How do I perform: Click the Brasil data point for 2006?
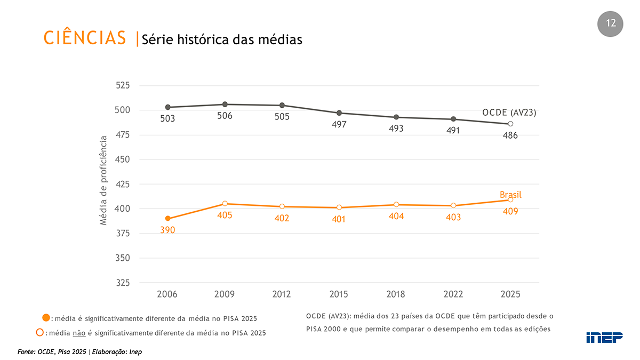pos(168,219)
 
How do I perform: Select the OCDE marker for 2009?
pos(225,105)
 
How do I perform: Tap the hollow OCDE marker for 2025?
pos(510,124)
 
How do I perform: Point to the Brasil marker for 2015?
pos(339,207)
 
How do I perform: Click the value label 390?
pos(167,230)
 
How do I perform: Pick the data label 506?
pos(225,116)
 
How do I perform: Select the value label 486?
pos(510,135)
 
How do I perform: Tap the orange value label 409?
pos(510,211)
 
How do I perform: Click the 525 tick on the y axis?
pos(123,85)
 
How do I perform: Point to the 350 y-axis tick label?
pos(123,258)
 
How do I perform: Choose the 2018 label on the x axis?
pos(396,294)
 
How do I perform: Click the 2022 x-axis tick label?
pos(453,294)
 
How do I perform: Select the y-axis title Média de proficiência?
pos(103,181)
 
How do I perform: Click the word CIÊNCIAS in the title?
pos(85,37)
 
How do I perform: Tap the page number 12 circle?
pos(610,24)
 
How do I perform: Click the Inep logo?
pos(604,338)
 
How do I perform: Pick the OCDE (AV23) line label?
pos(509,113)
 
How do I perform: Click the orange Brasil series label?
pos(510,195)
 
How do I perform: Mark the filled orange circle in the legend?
pos(46,317)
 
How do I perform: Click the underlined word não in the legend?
pos(79,333)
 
